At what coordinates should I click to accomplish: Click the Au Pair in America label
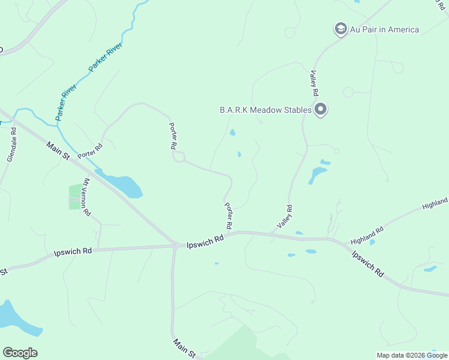385,29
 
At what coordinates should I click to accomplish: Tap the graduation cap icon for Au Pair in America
341,29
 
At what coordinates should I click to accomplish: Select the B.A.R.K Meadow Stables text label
265,110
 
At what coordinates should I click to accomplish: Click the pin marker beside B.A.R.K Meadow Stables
321,110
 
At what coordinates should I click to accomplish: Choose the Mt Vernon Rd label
87,197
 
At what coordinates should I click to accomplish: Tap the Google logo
20,353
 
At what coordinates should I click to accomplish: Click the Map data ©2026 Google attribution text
412,355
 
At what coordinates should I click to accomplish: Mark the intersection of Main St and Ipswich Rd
174,245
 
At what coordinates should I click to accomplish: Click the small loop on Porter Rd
178,157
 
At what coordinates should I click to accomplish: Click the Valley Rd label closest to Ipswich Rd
285,217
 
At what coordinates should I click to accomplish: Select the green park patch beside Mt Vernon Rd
76,197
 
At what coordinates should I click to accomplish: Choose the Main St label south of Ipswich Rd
184,349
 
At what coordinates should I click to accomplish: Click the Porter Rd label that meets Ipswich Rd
228,215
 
